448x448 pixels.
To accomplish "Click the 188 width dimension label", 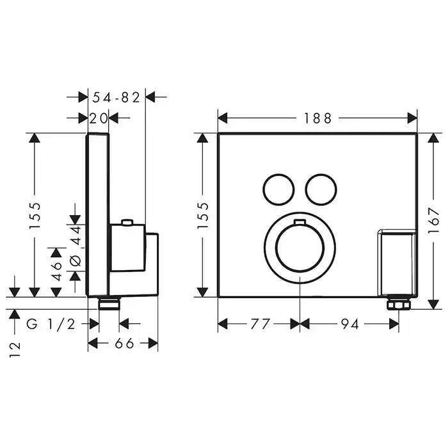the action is click(x=317, y=118).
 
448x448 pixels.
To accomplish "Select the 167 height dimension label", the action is click(x=434, y=220).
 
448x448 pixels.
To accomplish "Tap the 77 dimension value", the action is click(x=260, y=324).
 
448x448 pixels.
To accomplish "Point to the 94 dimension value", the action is click(x=350, y=324).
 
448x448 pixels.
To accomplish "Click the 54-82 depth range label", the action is click(x=116, y=97).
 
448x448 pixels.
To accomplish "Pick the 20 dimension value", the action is click(x=99, y=118).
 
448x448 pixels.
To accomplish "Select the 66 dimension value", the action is click(x=124, y=343).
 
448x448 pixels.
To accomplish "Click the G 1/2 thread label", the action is click(x=51, y=324).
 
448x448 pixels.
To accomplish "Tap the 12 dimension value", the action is click(x=15, y=349).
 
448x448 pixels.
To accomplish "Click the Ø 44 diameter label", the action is click(x=76, y=245).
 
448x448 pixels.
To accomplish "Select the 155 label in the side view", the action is click(x=35, y=216).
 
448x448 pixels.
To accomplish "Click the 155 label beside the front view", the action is click(x=203, y=216).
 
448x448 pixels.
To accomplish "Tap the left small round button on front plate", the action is click(x=278, y=189).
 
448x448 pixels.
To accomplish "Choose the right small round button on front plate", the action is click(x=321, y=189).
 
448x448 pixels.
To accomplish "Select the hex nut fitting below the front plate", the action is click(x=399, y=304).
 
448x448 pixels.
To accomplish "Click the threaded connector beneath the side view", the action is click(x=109, y=303).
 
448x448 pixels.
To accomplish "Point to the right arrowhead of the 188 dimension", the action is click(x=412, y=118).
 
